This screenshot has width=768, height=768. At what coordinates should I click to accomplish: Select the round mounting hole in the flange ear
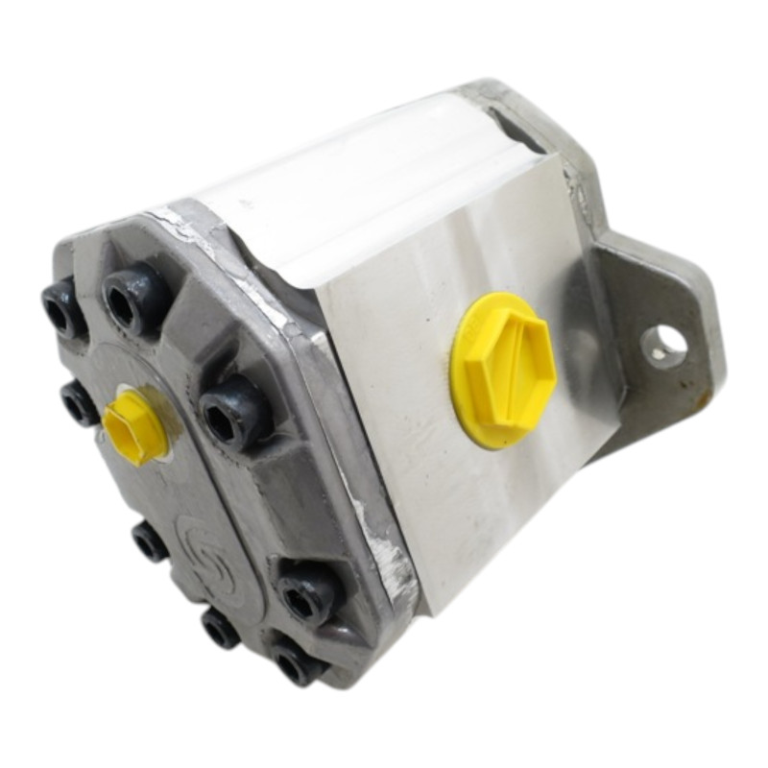(666, 343)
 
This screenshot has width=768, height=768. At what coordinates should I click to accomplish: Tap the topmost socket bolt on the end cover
(135, 297)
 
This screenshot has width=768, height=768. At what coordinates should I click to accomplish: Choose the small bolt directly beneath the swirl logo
(221, 629)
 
